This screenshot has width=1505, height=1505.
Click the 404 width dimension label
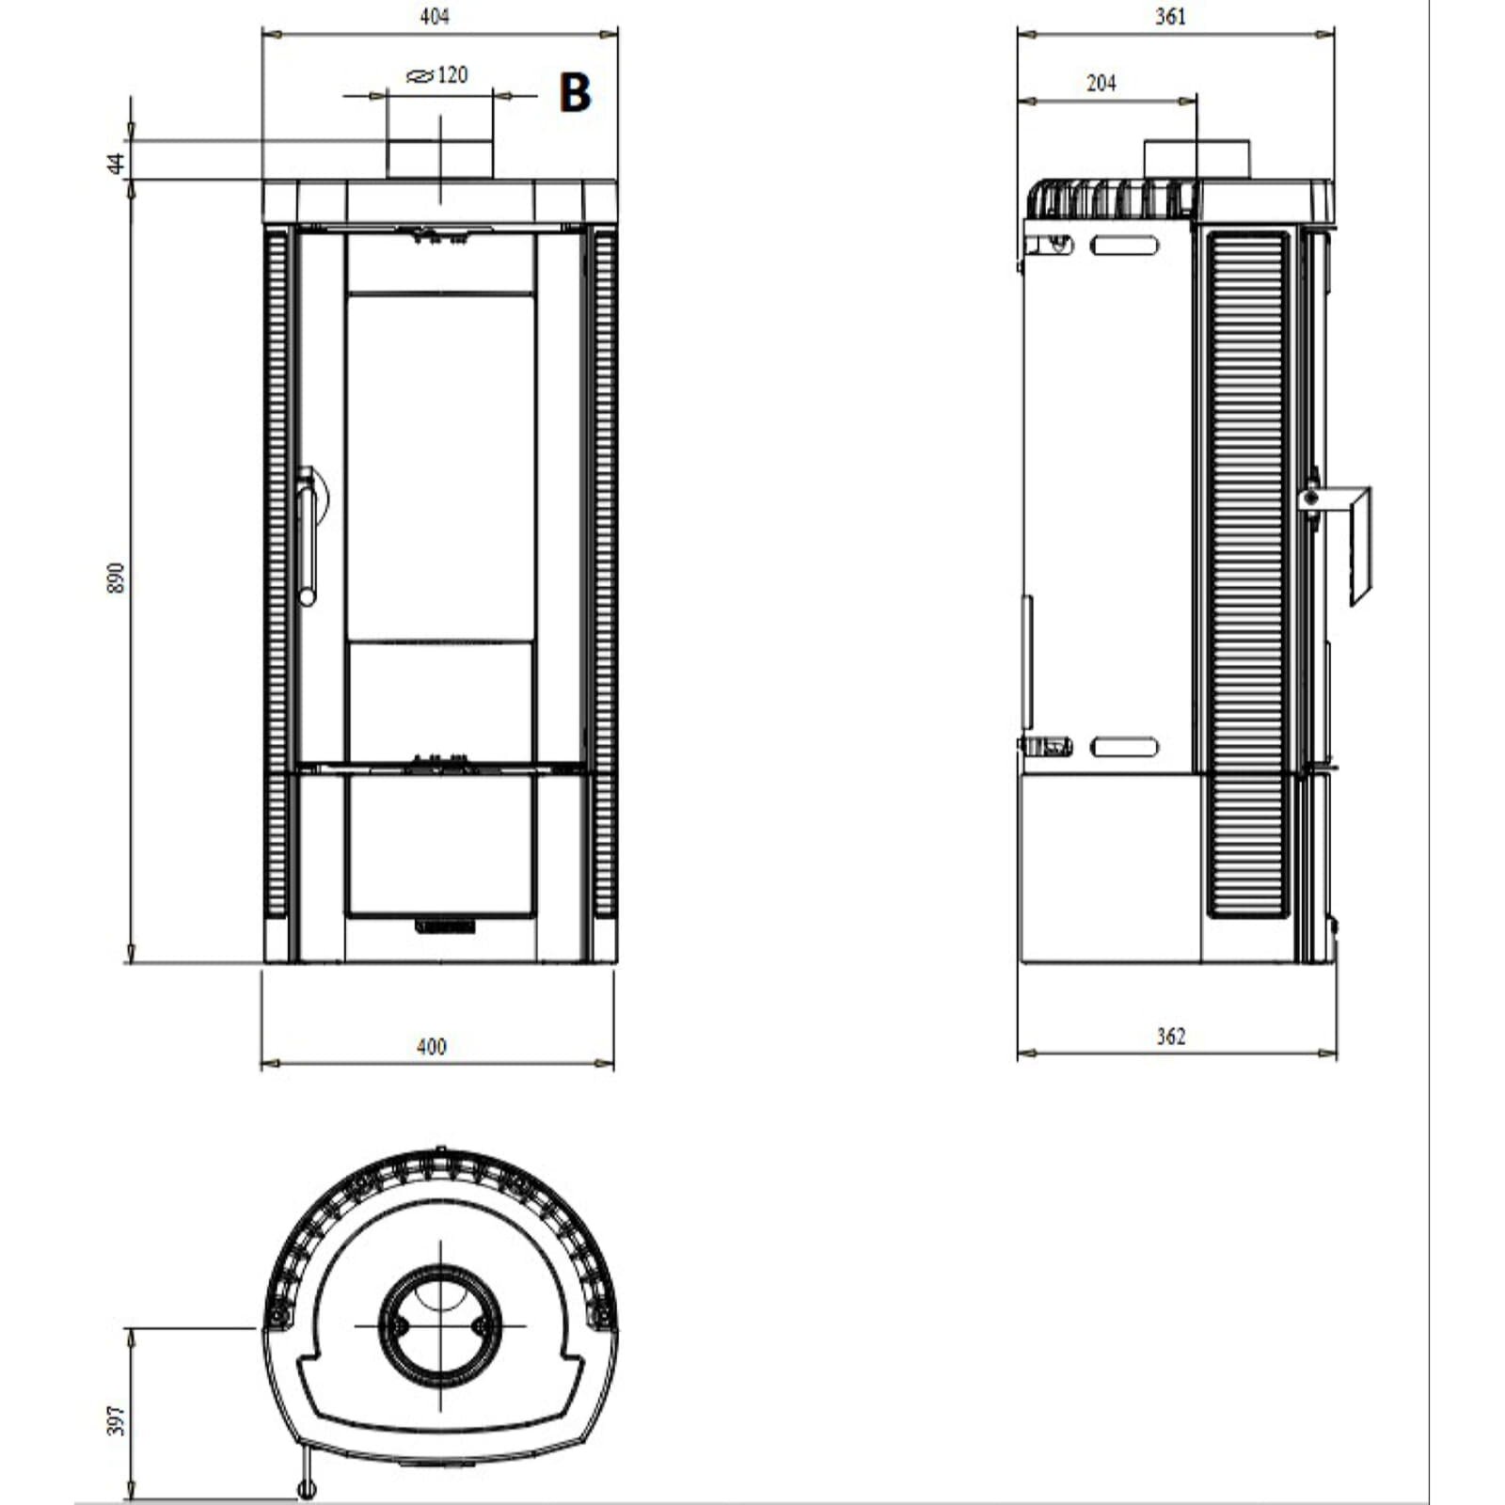tap(435, 17)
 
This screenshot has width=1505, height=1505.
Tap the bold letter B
tap(575, 93)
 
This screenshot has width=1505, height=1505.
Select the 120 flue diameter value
tap(452, 75)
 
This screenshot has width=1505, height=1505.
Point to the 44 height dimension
tap(116, 162)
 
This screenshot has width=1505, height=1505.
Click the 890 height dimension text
tap(116, 578)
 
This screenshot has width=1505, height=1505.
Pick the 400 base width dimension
tap(431, 1046)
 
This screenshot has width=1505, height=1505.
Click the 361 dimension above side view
tap(1170, 17)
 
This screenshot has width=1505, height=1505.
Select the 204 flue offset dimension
tap(1101, 84)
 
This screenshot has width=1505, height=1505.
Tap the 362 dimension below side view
tap(1170, 1036)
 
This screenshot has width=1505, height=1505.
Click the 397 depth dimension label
tap(116, 1420)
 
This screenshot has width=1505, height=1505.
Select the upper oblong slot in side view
tap(1124, 246)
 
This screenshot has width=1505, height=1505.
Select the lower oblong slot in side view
tap(1124, 749)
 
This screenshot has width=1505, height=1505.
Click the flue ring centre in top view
tap(440, 1326)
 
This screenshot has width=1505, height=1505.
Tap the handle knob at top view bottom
tap(307, 1488)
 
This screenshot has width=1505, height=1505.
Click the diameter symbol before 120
tap(420, 76)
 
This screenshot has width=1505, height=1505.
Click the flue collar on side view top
tap(1196, 159)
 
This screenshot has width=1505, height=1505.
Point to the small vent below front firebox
tap(446, 927)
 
